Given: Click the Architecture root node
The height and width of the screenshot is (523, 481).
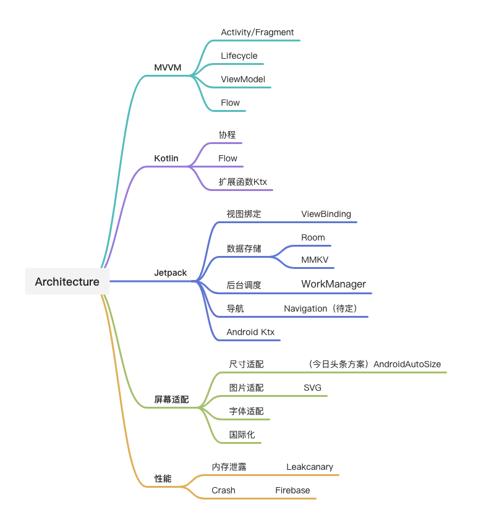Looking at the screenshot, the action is [67, 281].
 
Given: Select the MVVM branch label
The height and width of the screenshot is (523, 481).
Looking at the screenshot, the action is [168, 68].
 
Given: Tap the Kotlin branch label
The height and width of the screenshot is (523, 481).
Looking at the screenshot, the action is [166, 158].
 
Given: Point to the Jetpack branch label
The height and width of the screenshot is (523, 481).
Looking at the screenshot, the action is [171, 273].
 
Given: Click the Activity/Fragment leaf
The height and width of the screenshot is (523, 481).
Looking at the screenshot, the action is [257, 32].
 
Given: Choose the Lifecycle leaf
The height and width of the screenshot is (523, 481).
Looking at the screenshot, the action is [239, 56].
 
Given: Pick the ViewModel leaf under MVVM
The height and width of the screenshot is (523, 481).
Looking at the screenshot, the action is [243, 79].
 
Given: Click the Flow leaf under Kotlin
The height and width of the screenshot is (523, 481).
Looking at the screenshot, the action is [228, 158].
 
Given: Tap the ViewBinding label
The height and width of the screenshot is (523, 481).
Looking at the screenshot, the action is [326, 214].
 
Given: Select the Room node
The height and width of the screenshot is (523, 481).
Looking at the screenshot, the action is [313, 237].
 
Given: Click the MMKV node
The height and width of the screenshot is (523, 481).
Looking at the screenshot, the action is [315, 260].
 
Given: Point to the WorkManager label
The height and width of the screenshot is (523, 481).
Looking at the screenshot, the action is [334, 284].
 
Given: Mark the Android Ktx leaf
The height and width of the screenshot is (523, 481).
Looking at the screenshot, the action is [250, 332].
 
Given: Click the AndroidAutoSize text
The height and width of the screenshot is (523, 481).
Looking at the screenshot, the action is [407, 364].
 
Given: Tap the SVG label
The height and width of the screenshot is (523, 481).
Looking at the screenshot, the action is [313, 388].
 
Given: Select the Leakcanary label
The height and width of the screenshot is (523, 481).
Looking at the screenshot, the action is [310, 467].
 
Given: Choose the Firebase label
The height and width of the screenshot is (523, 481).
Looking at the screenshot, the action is [292, 490].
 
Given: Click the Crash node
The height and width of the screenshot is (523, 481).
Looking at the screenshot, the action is [223, 490].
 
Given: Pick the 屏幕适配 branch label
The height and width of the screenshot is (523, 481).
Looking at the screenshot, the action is [171, 399].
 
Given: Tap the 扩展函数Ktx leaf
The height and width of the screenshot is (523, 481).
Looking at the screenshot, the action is [243, 182].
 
